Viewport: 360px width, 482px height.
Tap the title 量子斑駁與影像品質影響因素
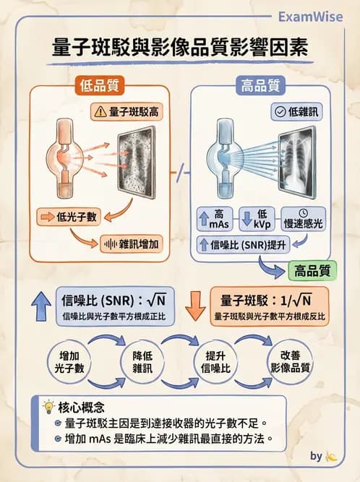click(x=180, y=48)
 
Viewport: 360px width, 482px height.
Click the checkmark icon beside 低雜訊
click(x=278, y=112)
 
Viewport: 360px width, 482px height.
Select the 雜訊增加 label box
click(x=132, y=244)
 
